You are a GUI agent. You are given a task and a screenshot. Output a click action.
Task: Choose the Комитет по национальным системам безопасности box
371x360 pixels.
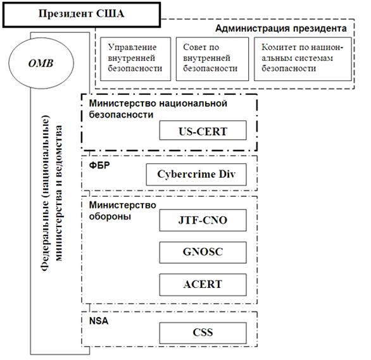click(303, 58)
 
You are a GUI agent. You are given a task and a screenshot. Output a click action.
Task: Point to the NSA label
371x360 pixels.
click(99, 321)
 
